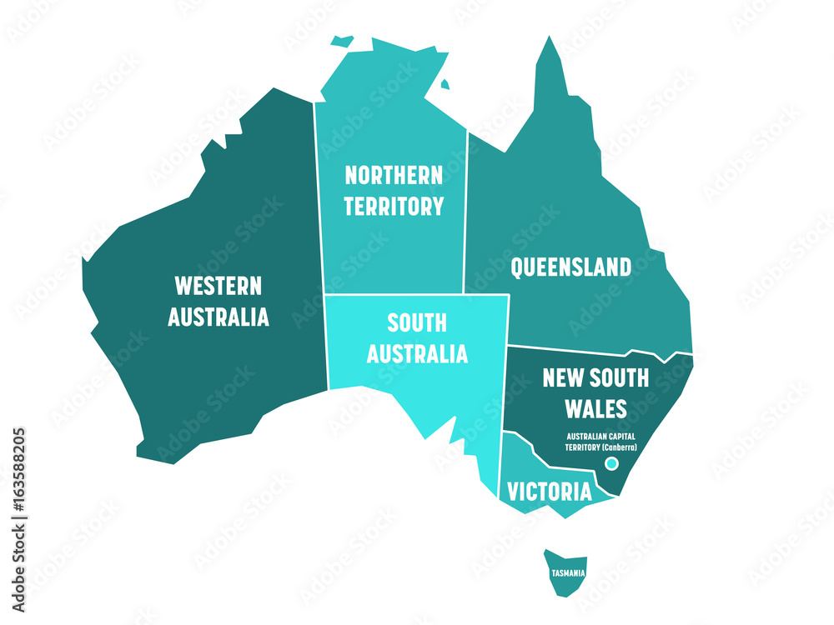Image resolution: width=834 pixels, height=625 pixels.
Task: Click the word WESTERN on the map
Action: click(x=218, y=287)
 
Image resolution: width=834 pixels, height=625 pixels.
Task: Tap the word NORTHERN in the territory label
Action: click(x=394, y=175)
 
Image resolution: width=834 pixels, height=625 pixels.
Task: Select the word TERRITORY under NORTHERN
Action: click(x=394, y=206)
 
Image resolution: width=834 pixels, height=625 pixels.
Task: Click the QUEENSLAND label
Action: click(x=570, y=267)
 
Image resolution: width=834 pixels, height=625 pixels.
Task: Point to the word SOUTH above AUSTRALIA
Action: click(x=417, y=322)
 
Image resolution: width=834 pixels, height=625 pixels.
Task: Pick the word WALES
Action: click(x=595, y=408)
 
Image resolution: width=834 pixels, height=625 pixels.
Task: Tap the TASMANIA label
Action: click(x=567, y=573)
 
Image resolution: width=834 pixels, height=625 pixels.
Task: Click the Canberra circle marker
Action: click(x=611, y=463)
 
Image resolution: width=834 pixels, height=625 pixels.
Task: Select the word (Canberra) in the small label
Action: click(x=619, y=447)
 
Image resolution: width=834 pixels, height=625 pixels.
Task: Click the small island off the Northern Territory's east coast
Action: click(x=445, y=83)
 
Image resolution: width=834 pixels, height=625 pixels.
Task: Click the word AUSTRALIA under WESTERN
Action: click(x=218, y=317)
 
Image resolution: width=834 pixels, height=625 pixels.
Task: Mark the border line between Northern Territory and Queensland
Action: click(x=466, y=208)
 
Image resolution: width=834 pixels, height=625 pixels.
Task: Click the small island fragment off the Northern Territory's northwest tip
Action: click(x=340, y=40)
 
